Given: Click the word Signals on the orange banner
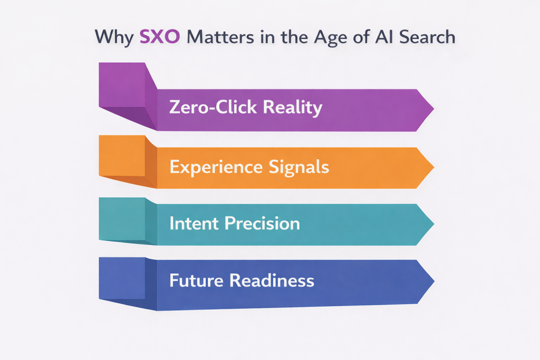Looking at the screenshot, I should [299, 168].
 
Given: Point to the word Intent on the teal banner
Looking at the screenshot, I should [193, 223].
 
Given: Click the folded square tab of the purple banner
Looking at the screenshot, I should [122, 85].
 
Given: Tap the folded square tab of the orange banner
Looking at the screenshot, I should [122, 155].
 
